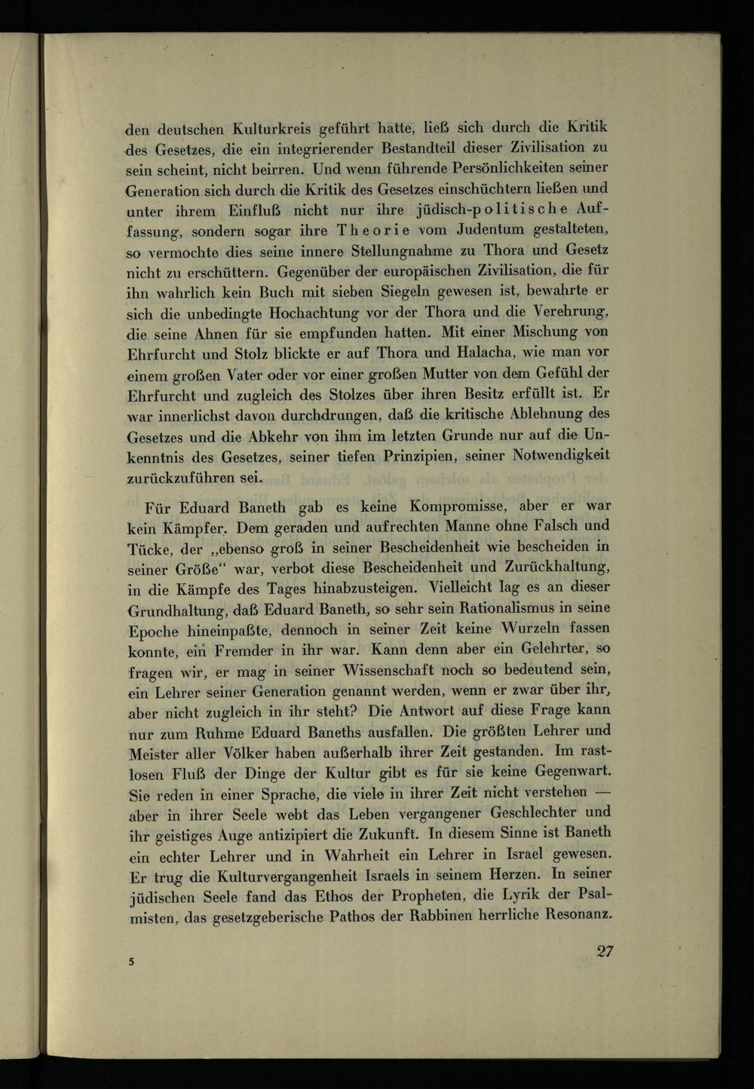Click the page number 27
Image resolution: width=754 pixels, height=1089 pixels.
(605, 950)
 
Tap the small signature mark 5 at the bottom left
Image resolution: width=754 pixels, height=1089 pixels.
(131, 962)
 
